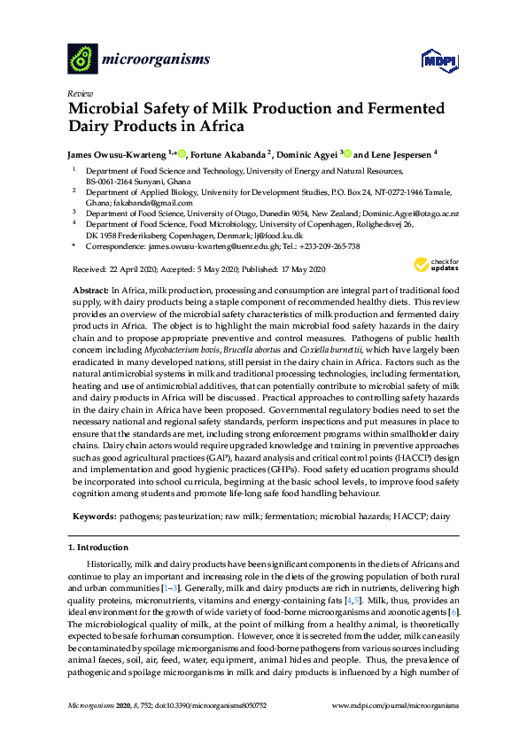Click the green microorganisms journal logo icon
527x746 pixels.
(x=82, y=59)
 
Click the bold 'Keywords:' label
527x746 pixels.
(x=93, y=514)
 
